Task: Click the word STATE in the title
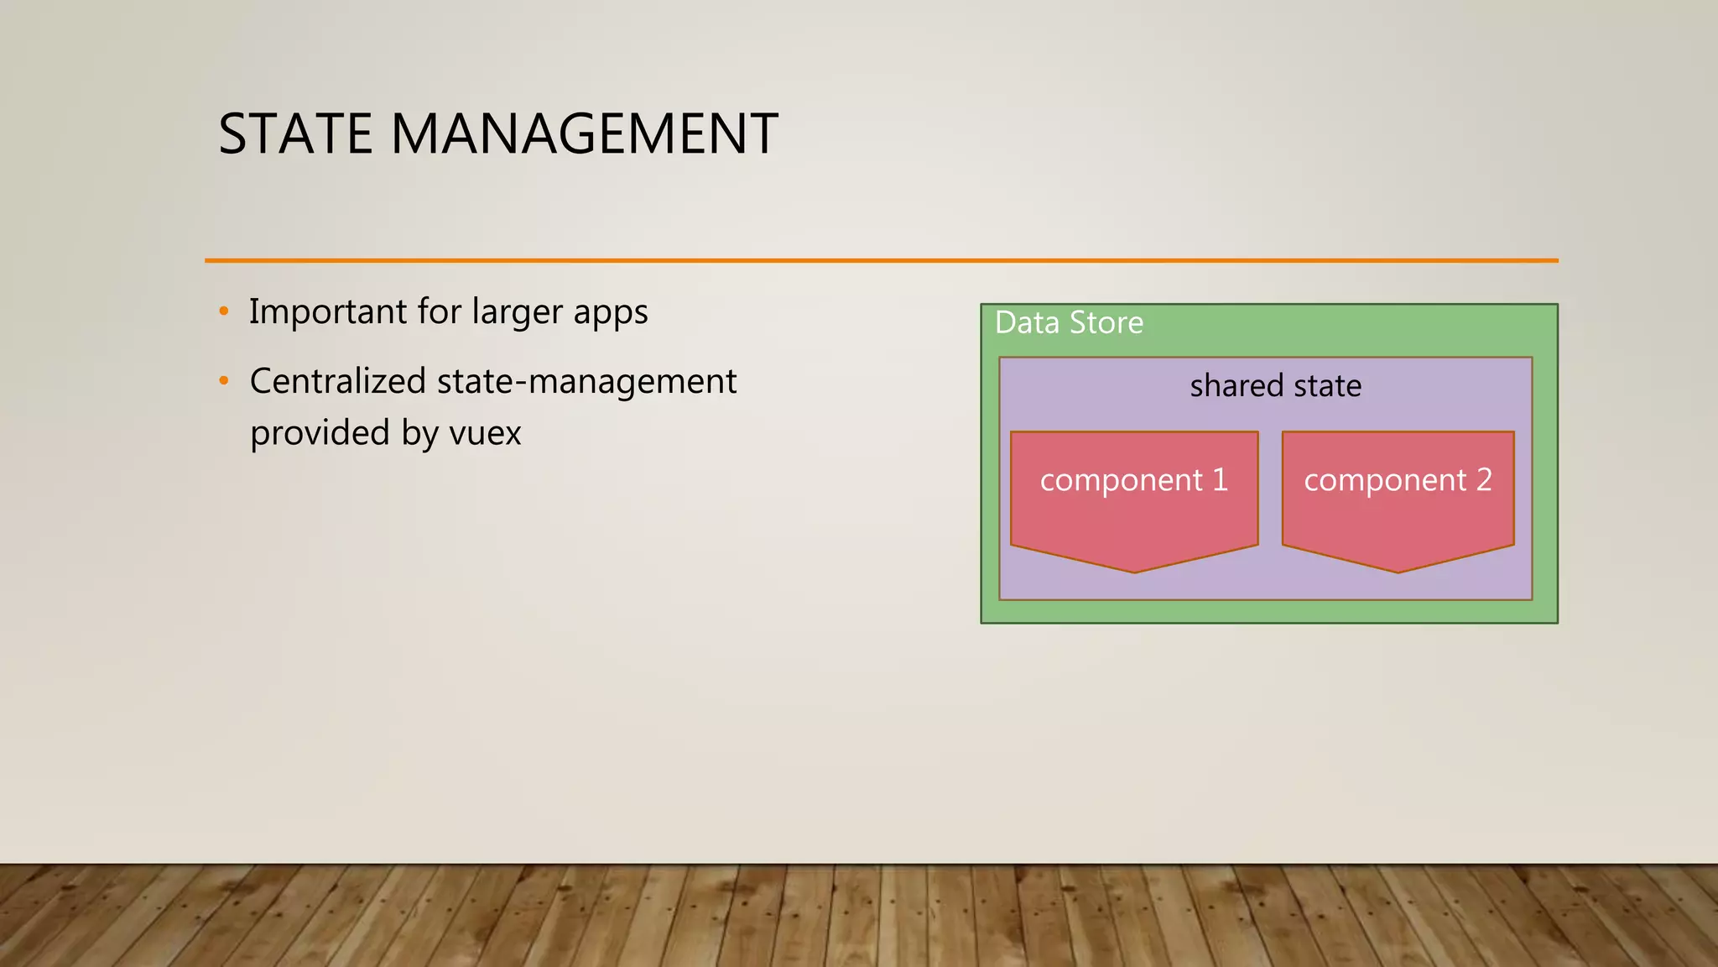[x=294, y=134]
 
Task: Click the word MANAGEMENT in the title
[x=584, y=134]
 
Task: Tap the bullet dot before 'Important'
[x=223, y=311]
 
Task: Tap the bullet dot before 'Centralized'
[x=223, y=381]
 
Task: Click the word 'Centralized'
[x=338, y=381]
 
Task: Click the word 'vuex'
[x=485, y=434]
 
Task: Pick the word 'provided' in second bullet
[x=320, y=434]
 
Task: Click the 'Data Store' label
[x=1069, y=323]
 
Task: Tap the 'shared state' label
[x=1275, y=386]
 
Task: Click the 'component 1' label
[x=1133, y=480]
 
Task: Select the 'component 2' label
[x=1398, y=480]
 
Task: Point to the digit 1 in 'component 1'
[x=1220, y=479]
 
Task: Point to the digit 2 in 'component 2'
[x=1484, y=479]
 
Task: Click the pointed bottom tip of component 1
[x=1134, y=570]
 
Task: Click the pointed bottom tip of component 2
[x=1398, y=570]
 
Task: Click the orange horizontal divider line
[x=881, y=260]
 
